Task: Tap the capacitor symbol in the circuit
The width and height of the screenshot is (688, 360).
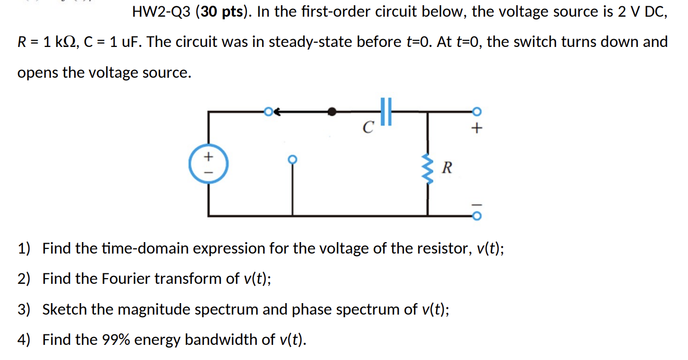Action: tap(386, 111)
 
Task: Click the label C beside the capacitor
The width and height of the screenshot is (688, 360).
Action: tap(369, 127)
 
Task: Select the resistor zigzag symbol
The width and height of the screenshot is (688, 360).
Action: tap(428, 169)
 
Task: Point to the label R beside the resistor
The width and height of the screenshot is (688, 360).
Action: tap(447, 168)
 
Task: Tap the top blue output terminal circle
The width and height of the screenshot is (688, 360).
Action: tap(476, 111)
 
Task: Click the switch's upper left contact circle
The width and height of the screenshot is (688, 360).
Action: tap(268, 111)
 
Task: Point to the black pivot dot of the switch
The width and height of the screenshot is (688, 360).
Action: tap(331, 111)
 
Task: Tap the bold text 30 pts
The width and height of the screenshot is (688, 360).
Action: tap(223, 12)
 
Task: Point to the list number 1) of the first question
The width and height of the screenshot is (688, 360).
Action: tap(24, 248)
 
